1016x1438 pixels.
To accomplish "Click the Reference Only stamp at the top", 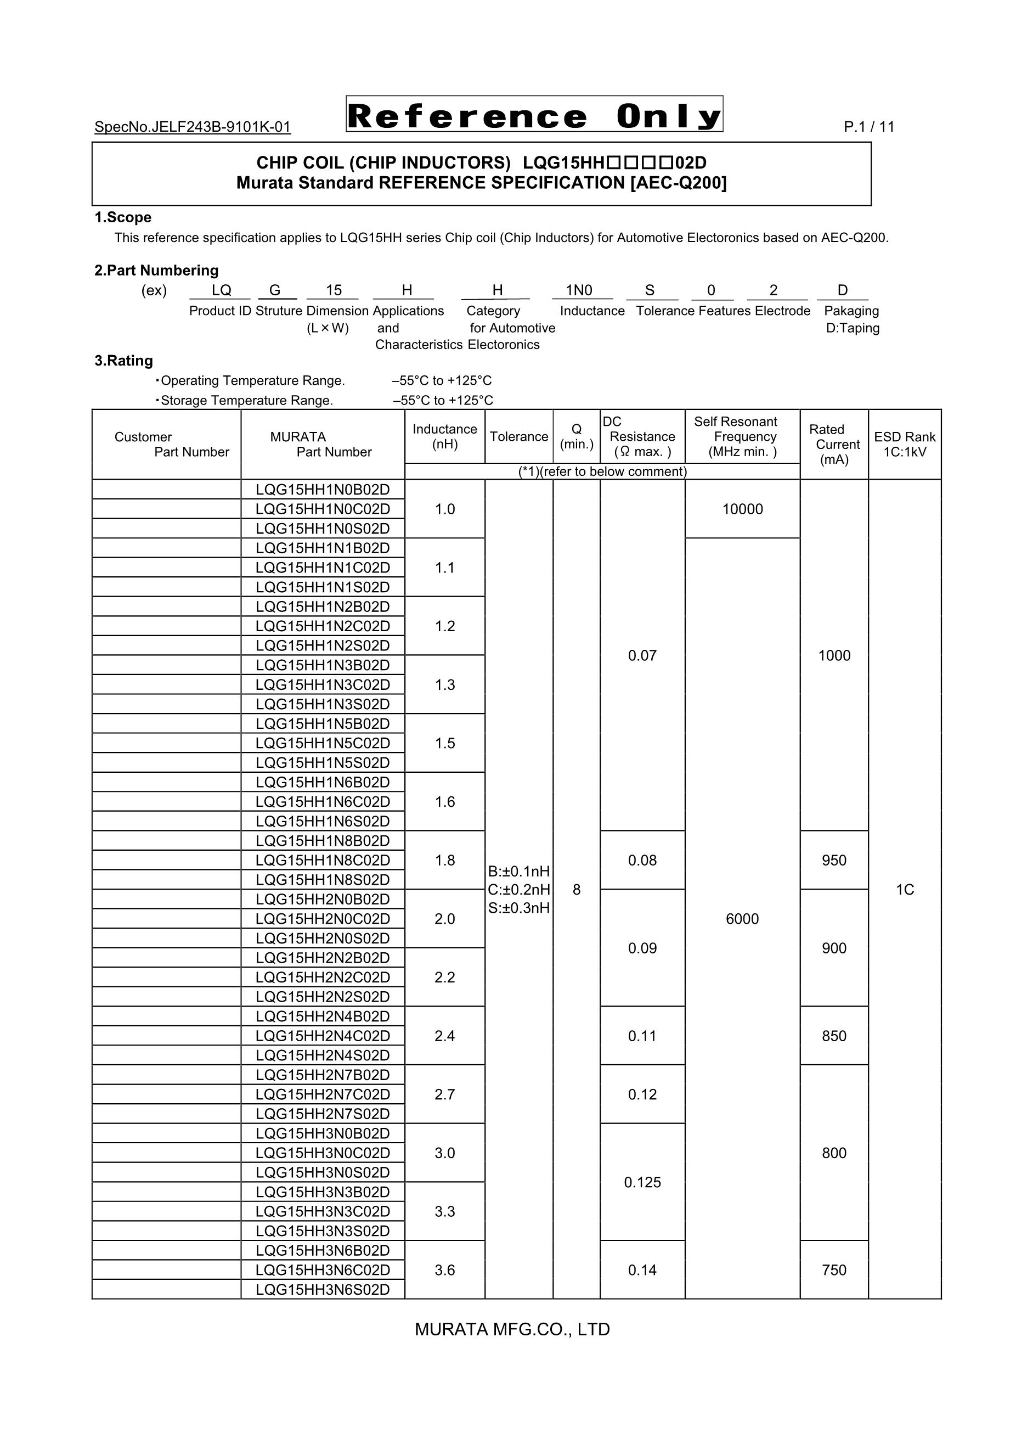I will tap(534, 115).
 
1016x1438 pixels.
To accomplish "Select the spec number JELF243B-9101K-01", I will tap(193, 127).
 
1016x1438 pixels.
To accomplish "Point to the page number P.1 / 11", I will tap(869, 127).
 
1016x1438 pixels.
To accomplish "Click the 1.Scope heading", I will tap(123, 217).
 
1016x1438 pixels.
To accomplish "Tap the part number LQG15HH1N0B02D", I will tap(323, 489).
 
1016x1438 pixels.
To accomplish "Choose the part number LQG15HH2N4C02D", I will tap(323, 1036).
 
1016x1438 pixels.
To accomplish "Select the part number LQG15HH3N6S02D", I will tap(323, 1290).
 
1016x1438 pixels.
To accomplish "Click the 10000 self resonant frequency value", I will tap(742, 509).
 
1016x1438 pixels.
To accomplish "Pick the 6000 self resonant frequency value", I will tap(742, 919).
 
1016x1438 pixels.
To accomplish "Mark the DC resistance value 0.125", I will tap(642, 1182).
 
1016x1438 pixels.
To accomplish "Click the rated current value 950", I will tap(834, 860).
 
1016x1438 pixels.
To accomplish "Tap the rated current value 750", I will tap(834, 1270).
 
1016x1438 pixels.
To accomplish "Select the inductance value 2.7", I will tap(444, 1094).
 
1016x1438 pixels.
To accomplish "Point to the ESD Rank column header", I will tap(905, 444).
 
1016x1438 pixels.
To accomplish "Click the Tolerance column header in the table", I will tap(518, 436).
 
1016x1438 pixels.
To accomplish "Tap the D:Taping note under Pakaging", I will tap(853, 328).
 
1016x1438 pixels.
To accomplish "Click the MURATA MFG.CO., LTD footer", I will tap(512, 1329).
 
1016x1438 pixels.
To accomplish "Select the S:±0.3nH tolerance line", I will tap(519, 907).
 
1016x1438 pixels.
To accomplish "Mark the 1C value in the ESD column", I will tap(905, 889).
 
